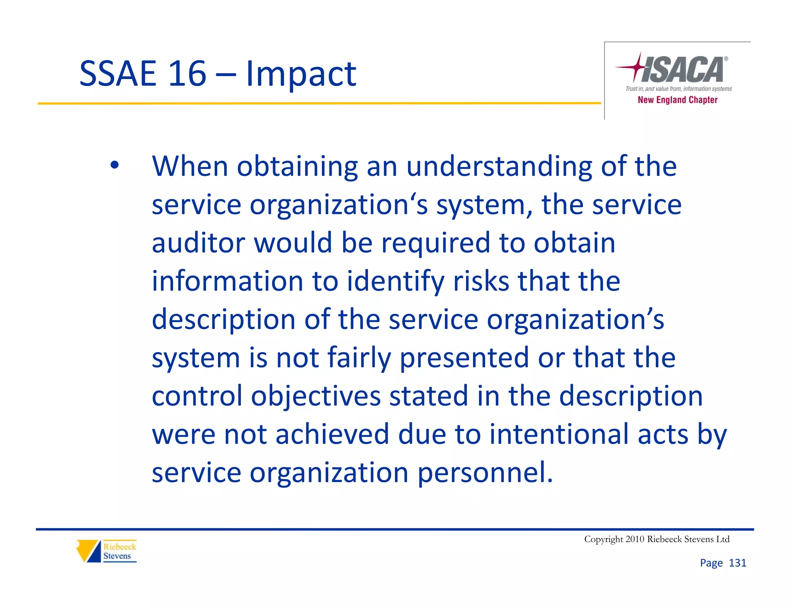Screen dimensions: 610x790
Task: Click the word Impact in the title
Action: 301,74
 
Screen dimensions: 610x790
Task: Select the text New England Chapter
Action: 677,100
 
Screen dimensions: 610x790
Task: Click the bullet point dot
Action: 114,165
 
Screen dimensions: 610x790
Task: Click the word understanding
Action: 499,167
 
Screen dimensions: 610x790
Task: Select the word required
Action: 436,244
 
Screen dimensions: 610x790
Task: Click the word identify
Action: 396,281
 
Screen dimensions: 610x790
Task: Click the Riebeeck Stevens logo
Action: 106,551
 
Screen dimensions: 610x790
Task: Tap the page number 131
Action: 737,563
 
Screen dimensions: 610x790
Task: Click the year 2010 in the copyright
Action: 635,539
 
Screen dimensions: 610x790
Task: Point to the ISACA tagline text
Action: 678,89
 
